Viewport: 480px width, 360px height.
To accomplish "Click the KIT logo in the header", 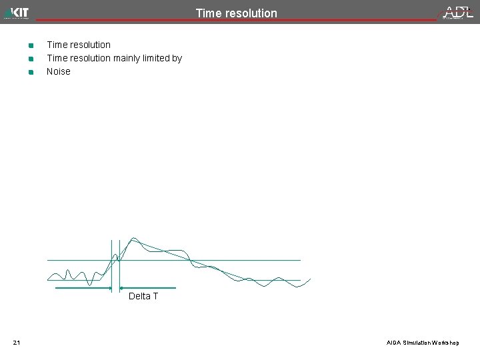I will [17, 13].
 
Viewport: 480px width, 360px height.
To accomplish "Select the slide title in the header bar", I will [236, 13].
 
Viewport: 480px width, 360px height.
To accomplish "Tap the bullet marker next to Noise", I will [31, 72].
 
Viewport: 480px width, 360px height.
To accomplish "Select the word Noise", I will [58, 71].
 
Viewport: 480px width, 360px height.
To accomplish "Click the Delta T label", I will [143, 296].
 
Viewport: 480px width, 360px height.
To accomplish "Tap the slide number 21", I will [17, 343].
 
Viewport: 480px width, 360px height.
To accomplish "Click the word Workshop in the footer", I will [445, 343].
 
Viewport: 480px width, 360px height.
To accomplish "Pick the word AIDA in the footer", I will [394, 343].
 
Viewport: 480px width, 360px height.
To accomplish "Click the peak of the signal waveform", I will [134, 238].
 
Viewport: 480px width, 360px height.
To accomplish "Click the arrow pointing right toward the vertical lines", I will [83, 289].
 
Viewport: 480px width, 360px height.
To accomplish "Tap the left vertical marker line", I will [111, 267].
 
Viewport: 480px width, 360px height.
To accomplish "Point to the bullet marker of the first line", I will [31, 45].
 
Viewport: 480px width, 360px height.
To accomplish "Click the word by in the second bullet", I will [177, 58].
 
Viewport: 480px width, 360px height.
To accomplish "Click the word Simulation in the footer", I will [416, 343].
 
